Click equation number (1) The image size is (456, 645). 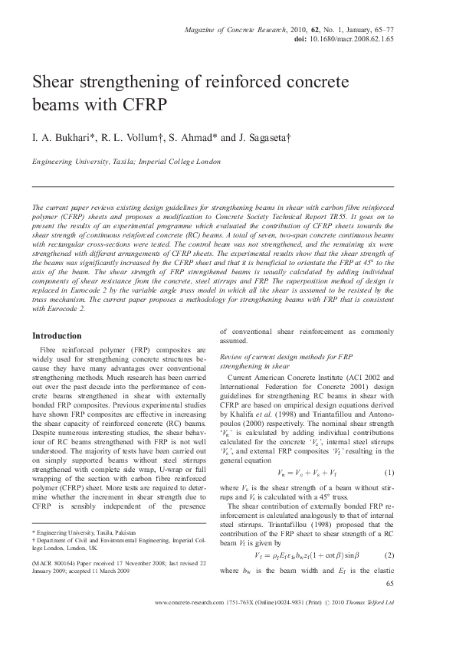pos(389,450)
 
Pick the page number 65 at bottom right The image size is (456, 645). pos(389,584)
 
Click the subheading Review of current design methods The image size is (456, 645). pos(286,357)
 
